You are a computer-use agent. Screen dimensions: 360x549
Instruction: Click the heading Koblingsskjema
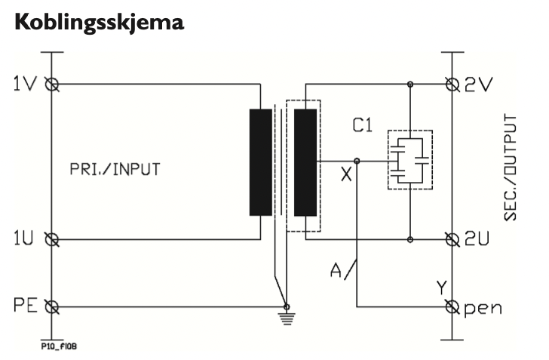98,22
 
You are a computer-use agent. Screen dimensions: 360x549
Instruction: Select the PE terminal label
26,307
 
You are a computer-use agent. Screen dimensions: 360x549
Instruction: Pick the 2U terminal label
479,241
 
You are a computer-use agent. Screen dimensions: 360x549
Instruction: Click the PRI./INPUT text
124,169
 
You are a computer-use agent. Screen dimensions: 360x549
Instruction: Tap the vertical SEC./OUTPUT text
511,168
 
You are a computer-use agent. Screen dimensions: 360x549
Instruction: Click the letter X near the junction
346,175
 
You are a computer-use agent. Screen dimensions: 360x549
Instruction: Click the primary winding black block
260,162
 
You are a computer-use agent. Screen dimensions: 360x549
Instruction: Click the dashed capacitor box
409,160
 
